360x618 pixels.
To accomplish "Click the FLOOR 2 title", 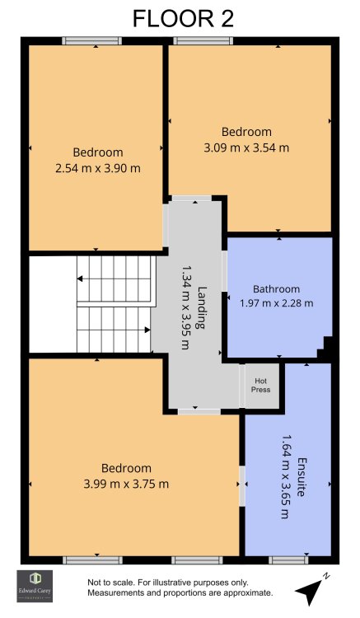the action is click(x=183, y=19).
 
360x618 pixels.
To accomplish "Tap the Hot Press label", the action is click(x=261, y=385).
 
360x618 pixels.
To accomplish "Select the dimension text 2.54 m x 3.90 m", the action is click(x=98, y=169).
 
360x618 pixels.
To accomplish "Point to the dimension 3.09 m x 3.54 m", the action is click(x=246, y=148).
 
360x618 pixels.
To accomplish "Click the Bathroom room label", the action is click(x=277, y=289).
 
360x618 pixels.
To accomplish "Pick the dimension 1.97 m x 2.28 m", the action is click(x=277, y=303).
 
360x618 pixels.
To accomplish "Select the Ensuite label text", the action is click(x=302, y=477).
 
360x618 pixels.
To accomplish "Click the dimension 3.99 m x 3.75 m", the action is click(x=126, y=484).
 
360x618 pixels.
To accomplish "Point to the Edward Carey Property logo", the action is click(x=35, y=586).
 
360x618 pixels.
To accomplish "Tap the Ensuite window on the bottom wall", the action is click(x=288, y=559).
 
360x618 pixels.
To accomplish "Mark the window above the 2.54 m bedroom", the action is click(x=91, y=40).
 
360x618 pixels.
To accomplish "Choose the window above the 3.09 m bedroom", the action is click(x=203, y=40).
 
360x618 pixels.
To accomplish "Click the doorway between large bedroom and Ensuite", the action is click(x=242, y=486).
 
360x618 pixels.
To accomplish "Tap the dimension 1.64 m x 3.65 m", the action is click(x=287, y=477).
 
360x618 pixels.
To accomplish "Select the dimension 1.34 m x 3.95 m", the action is click(x=185, y=307).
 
